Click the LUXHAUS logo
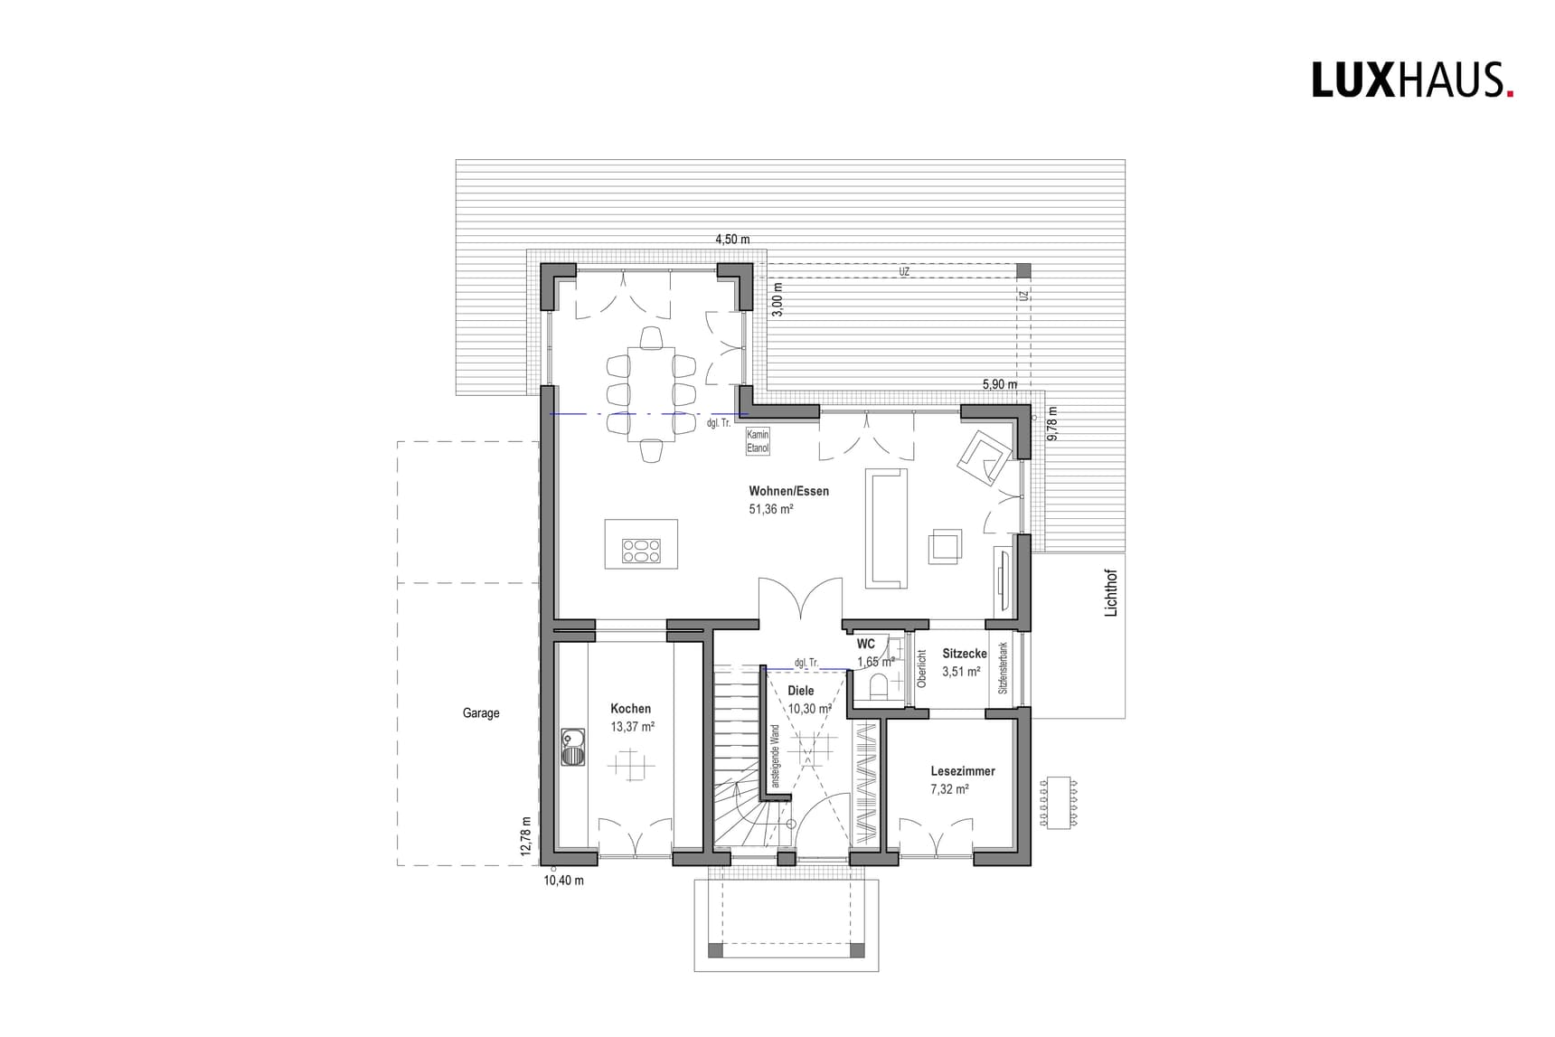coord(1412,80)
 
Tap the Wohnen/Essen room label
coord(788,492)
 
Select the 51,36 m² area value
coord(770,510)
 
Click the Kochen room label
coord(630,709)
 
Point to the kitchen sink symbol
coord(572,747)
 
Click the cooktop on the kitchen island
coord(641,551)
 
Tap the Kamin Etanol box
coord(758,441)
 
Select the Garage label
coord(481,713)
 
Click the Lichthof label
coord(1112,593)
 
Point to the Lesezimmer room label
coord(963,771)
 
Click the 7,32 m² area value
coord(949,789)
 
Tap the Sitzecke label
coord(965,653)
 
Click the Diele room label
coord(801,691)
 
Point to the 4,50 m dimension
coord(732,240)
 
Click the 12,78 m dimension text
coord(525,836)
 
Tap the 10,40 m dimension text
coord(563,880)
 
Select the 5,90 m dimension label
coord(1000,384)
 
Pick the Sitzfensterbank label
coord(1003,669)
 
